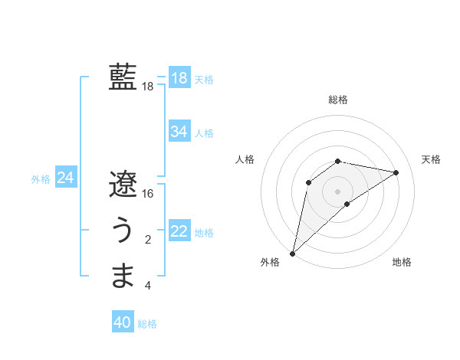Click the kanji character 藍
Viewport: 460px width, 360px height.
coord(123,77)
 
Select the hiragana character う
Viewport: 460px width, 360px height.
coord(123,231)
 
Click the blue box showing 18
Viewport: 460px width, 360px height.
coord(179,77)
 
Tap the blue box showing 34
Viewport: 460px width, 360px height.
coord(179,132)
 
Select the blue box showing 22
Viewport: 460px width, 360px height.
coord(179,231)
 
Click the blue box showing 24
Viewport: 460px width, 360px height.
coord(65,178)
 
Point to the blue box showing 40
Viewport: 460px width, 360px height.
coord(123,322)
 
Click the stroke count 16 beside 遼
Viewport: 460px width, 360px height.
coord(148,194)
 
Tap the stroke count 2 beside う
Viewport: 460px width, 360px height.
coord(148,241)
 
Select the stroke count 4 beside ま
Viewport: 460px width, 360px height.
coord(148,286)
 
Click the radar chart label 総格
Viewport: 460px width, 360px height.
coord(338,100)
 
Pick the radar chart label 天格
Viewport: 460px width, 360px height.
coord(432,159)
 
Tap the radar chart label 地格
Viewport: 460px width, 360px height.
coord(402,262)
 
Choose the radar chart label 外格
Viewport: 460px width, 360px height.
coord(270,262)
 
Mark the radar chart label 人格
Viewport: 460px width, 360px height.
coord(245,159)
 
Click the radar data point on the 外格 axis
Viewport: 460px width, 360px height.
coord(292,253)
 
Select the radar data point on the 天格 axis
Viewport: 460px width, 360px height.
coord(396,172)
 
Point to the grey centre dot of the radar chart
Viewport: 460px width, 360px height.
coord(337,191)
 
